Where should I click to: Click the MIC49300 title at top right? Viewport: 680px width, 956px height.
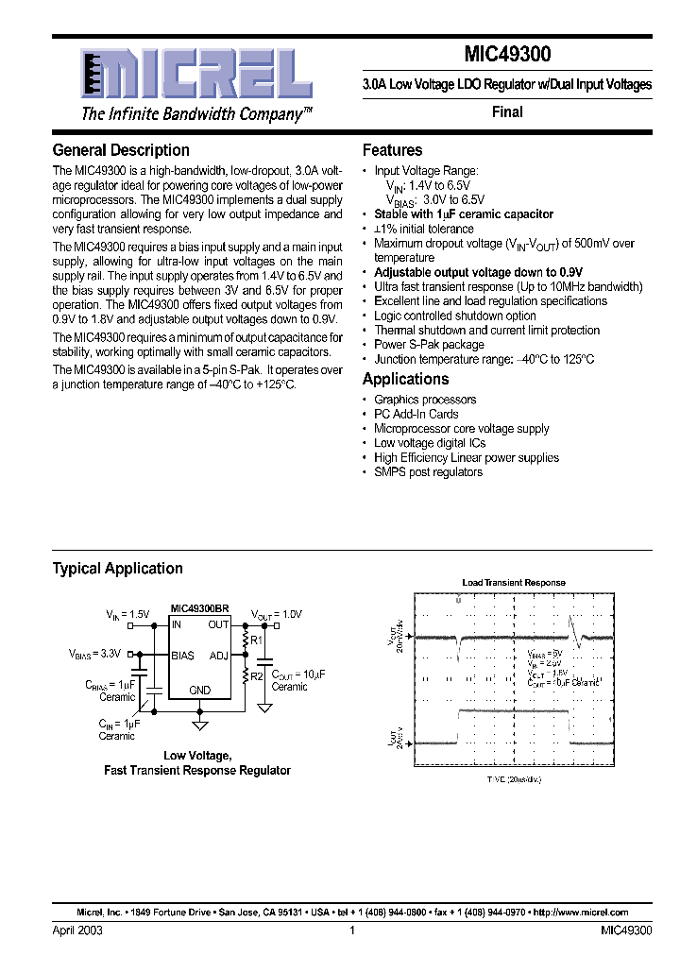pos(506,56)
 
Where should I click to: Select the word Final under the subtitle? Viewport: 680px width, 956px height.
pos(507,111)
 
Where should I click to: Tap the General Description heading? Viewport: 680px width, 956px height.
pos(121,150)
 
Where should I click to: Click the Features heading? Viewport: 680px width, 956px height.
pos(393,150)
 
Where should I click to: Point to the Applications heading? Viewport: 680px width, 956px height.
pos(406,379)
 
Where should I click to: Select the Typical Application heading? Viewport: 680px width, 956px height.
pos(117,569)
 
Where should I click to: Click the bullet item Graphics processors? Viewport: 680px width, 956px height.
pos(425,400)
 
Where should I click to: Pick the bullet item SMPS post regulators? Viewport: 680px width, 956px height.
pos(428,471)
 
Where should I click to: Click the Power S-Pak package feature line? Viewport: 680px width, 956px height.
pos(429,345)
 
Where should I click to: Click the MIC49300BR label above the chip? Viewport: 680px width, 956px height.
pos(199,609)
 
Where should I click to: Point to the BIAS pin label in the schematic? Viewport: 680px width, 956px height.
pos(182,655)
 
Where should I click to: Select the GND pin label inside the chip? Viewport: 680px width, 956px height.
pos(199,691)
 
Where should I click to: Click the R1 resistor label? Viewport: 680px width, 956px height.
pos(258,640)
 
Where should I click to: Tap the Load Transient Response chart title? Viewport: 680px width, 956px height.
pos(513,583)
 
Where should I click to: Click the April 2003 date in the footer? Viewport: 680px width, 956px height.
pos(77,930)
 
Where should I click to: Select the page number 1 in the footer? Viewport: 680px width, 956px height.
pos(351,930)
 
